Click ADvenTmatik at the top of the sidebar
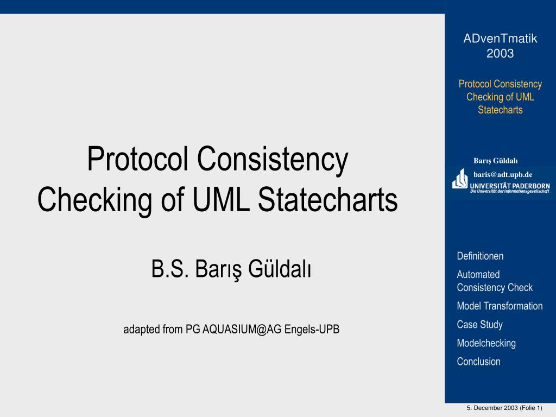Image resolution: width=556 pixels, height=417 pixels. tap(500, 39)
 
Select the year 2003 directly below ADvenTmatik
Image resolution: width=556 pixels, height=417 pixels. tap(500, 53)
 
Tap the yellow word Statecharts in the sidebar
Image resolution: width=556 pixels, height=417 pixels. tap(500, 110)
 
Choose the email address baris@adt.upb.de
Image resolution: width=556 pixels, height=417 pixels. tap(503, 174)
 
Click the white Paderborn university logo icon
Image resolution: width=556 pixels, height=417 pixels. tap(459, 179)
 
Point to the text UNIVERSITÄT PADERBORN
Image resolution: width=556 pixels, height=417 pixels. tap(509, 186)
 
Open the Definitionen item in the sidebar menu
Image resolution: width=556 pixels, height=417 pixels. tap(480, 256)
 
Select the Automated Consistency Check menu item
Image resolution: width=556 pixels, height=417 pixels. tap(495, 281)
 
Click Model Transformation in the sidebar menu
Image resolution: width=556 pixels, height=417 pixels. tap(500, 306)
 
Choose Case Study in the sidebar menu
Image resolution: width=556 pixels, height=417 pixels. tap(479, 324)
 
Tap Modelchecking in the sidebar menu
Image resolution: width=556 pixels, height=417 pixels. tap(486, 343)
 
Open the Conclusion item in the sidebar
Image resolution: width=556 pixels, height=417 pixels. tap(478, 361)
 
